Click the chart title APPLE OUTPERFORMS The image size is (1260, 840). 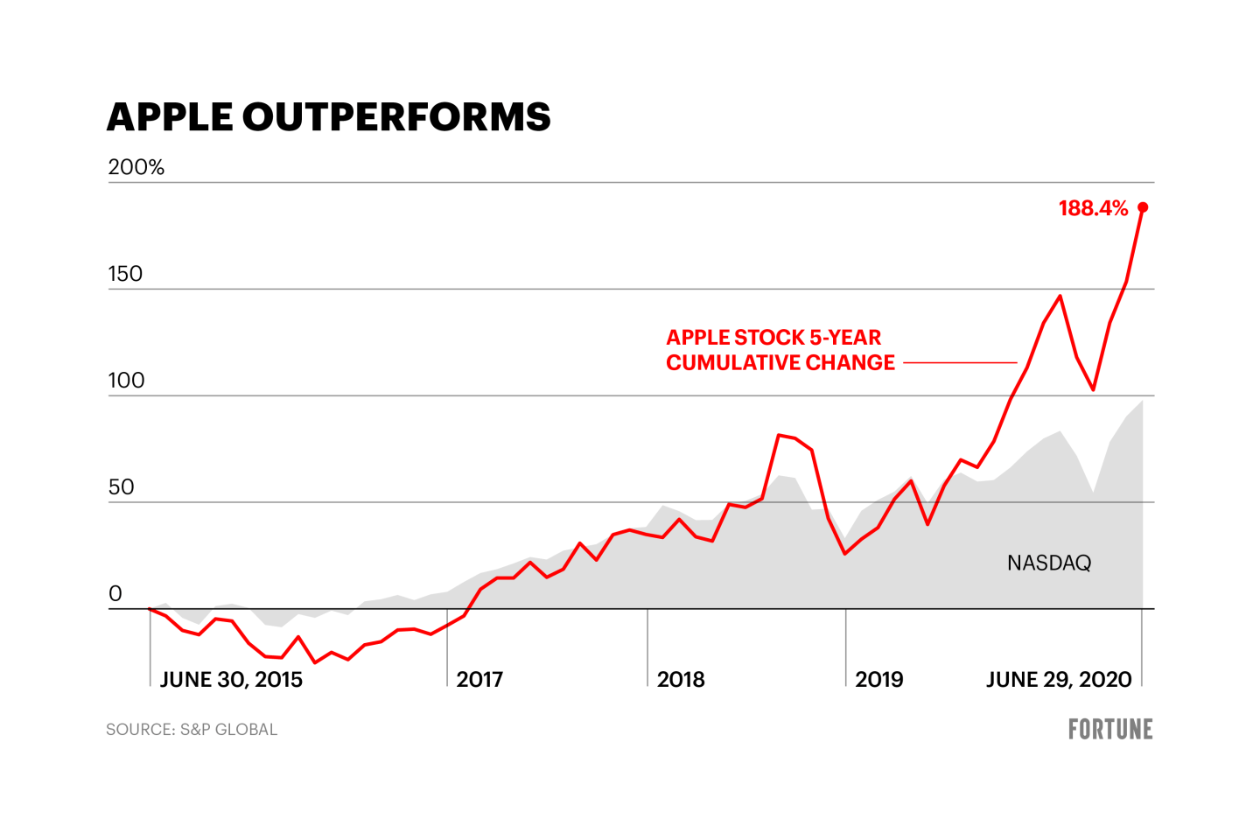tap(328, 117)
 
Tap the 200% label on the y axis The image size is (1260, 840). tap(136, 167)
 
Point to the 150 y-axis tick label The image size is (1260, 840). tap(125, 274)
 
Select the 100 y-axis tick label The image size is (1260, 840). tap(126, 381)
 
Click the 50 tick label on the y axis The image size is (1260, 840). tap(122, 487)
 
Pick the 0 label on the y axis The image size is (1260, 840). tap(115, 594)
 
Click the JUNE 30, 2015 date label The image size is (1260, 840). tap(231, 679)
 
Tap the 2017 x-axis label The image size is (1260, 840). tap(479, 679)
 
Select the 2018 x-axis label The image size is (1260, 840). tap(681, 679)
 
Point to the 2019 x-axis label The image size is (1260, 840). tap(878, 679)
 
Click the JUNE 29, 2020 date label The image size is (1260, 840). tap(1059, 679)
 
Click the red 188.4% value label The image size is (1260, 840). tap(1093, 208)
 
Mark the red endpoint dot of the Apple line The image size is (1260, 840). tap(1143, 207)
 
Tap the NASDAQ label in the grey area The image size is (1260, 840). tap(1049, 563)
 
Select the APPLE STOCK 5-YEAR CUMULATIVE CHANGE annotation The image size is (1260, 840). tap(780, 350)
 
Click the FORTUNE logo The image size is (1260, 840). tap(1110, 729)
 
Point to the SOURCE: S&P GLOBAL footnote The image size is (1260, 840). tap(192, 730)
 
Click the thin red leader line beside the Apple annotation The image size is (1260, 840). tap(960, 362)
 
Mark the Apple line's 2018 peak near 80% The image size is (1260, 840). tap(779, 435)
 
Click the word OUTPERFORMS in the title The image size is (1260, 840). tap(396, 117)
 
